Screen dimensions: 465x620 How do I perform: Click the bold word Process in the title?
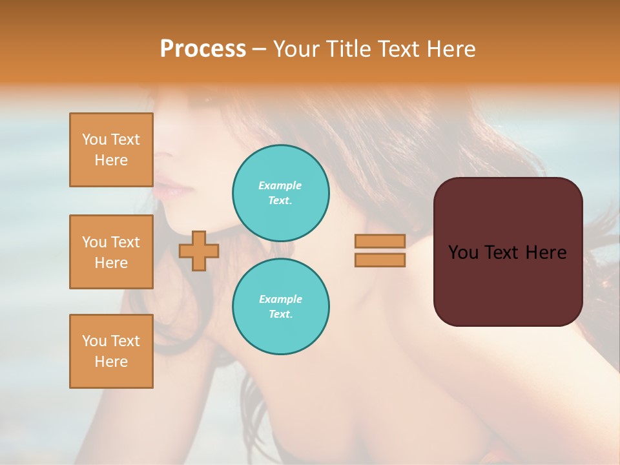203,49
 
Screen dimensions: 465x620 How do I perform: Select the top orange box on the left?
111,150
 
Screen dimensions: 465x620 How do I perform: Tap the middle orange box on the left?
111,252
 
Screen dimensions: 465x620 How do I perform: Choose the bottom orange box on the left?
111,351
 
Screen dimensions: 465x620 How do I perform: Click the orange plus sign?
199,251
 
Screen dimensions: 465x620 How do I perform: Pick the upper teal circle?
280,192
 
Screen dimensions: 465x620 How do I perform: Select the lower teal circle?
280,306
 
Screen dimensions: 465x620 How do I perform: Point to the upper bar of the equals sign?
380,241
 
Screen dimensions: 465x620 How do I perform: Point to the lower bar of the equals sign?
380,260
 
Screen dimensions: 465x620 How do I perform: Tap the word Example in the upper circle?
280,185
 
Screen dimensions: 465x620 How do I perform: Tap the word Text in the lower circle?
280,315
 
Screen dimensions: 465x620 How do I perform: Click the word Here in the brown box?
546,253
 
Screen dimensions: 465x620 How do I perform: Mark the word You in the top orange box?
94,139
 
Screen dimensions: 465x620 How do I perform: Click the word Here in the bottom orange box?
111,362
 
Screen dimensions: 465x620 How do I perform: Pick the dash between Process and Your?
260,49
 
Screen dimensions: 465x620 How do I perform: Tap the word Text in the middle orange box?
125,242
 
